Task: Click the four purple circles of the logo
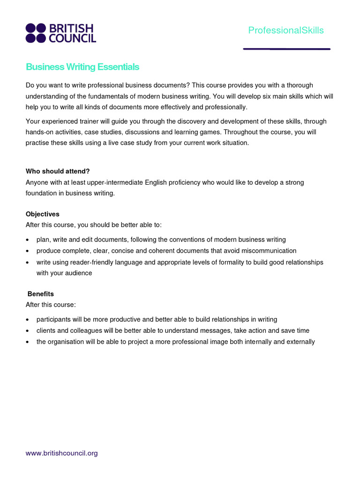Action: tap(36, 33)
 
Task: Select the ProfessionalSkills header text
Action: tap(286, 30)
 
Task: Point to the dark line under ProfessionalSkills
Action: tap(286, 49)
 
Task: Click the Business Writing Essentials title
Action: tap(82, 67)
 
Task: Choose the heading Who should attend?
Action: tap(58, 171)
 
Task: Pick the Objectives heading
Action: tap(43, 214)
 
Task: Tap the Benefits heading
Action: tap(41, 294)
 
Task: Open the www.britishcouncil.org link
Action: tap(61, 453)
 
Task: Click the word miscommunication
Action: tap(267, 251)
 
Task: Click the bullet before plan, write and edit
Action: tap(27, 240)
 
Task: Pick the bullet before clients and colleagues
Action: tap(27, 331)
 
